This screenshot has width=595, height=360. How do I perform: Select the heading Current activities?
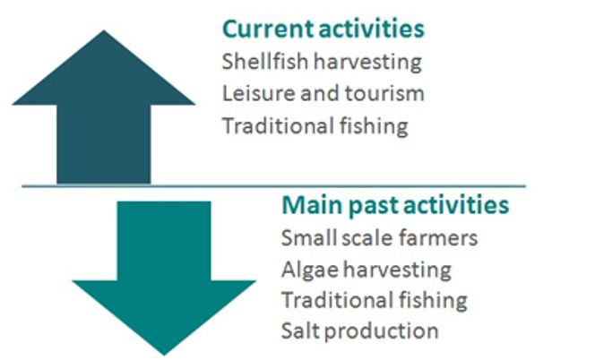click(x=323, y=29)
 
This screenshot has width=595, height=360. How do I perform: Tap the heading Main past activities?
click(x=395, y=205)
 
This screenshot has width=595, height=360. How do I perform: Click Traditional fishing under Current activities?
click(x=315, y=126)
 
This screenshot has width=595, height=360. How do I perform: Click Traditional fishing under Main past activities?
click(x=375, y=300)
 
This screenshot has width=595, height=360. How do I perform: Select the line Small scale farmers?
click(x=379, y=238)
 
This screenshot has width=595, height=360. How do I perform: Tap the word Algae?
click(x=310, y=270)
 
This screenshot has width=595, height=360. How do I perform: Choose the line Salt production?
click(x=359, y=330)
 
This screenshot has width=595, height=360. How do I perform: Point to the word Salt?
click(x=300, y=330)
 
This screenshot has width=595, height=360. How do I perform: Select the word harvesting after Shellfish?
click(x=367, y=62)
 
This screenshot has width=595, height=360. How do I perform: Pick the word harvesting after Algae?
click(x=397, y=270)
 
